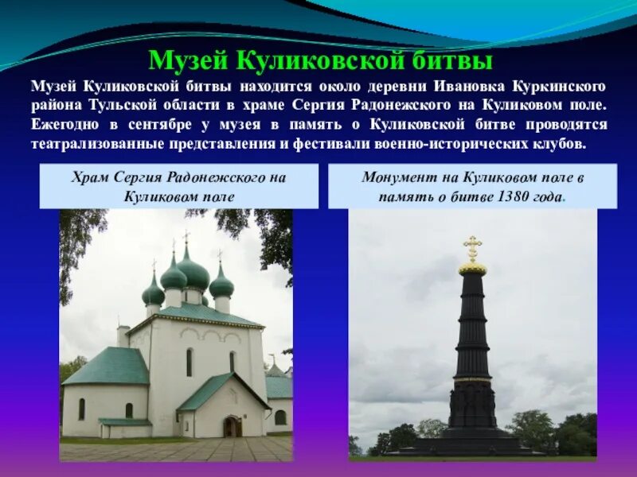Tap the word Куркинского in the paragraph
[561, 86]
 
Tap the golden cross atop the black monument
[473, 247]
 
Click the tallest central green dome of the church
[192, 273]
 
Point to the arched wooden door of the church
[232, 426]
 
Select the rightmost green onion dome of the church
[221, 285]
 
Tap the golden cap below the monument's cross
[473, 269]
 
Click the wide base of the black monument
[473, 442]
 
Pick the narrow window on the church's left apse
[81, 409]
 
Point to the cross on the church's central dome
[186, 237]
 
